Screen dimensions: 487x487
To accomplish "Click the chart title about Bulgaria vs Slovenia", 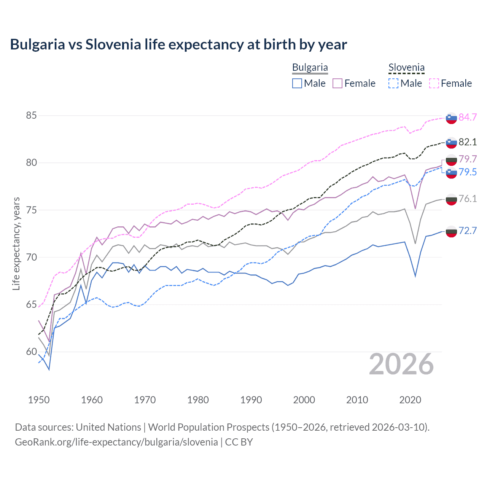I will (x=178, y=45).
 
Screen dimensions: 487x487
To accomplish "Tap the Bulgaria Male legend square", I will (x=297, y=83).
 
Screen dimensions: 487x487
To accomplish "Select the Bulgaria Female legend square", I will (x=337, y=83).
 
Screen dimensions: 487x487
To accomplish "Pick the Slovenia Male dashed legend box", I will (x=393, y=83).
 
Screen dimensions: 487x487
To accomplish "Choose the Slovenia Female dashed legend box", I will (x=434, y=83).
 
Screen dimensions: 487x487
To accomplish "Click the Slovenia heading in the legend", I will (x=406, y=68).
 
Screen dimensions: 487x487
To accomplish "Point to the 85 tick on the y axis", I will (x=31, y=115).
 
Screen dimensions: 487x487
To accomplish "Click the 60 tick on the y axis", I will (x=31, y=352).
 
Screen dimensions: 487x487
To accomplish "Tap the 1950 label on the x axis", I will (x=39, y=400).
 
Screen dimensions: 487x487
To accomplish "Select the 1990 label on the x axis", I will (x=251, y=400).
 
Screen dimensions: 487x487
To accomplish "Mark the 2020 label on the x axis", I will (x=410, y=400).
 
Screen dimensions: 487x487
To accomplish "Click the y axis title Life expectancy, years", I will (x=16, y=243).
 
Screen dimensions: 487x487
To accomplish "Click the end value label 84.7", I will (x=468, y=117).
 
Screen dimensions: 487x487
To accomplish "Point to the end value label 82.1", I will (x=468, y=142).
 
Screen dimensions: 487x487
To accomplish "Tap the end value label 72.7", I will (x=468, y=231).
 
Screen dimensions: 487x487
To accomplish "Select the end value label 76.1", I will (x=468, y=199).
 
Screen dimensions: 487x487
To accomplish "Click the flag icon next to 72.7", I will (x=451, y=231).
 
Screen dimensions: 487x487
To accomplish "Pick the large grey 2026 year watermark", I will (x=401, y=364).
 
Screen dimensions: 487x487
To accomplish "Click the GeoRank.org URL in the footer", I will (x=116, y=442).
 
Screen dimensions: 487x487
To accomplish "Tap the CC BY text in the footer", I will (x=239, y=442).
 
